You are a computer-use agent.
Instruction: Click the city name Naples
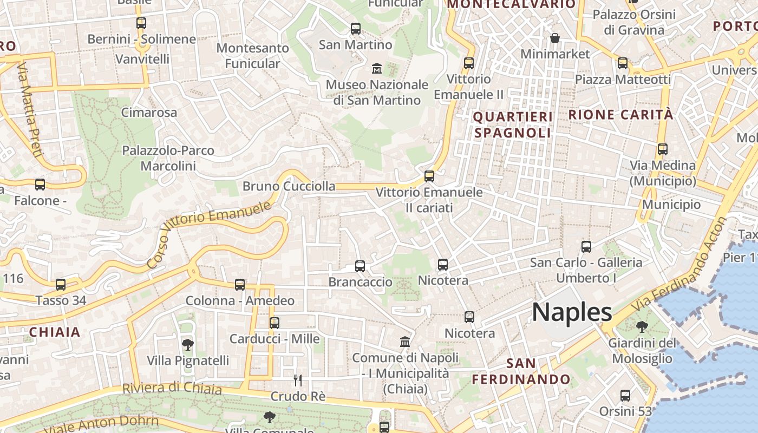(x=572, y=312)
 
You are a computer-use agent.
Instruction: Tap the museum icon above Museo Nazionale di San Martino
(x=376, y=69)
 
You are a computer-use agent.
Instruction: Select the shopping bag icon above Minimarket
(x=555, y=38)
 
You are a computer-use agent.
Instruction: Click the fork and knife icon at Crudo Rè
(x=297, y=380)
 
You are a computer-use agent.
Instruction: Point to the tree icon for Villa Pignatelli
(x=187, y=344)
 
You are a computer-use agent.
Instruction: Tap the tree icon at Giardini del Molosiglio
(x=642, y=326)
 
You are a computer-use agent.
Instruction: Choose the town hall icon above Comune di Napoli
(x=404, y=342)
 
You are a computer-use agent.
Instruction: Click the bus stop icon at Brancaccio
(x=360, y=266)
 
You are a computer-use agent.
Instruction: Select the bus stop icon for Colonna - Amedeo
(x=240, y=284)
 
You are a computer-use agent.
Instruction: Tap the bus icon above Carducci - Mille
(x=275, y=323)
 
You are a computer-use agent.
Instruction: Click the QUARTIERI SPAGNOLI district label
(x=513, y=124)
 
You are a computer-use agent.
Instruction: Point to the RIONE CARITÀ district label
(x=621, y=115)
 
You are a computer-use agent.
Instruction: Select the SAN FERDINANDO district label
(x=521, y=371)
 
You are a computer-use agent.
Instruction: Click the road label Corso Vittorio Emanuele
(x=209, y=234)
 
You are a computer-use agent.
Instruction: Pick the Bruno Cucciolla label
(x=289, y=186)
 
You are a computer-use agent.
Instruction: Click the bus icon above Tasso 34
(x=61, y=285)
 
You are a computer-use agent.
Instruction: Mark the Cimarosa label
(x=149, y=113)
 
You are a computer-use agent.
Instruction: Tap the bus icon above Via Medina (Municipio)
(x=663, y=149)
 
